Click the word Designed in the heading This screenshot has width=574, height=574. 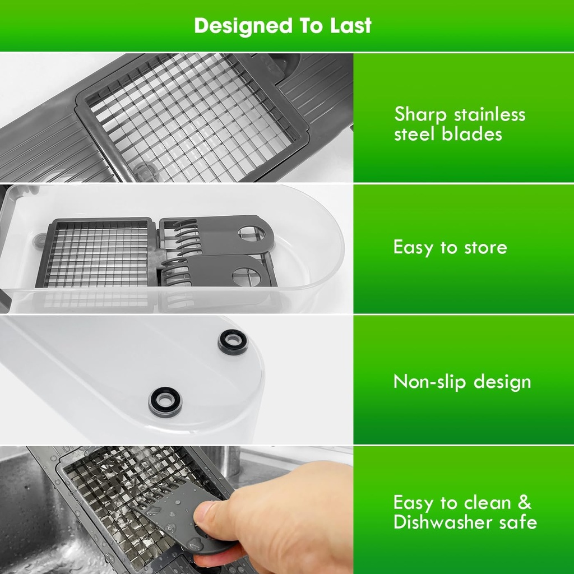pyautogui.click(x=243, y=26)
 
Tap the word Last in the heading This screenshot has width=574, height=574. pyautogui.click(x=351, y=26)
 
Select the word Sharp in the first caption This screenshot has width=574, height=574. pyautogui.click(x=420, y=114)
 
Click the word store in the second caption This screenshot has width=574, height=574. pyautogui.click(x=486, y=248)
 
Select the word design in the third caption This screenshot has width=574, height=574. pyautogui.click(x=502, y=382)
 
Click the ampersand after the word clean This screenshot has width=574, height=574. pyautogui.click(x=524, y=502)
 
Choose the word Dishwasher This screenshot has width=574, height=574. pyautogui.click(x=443, y=522)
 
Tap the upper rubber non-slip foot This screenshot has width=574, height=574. pyautogui.click(x=233, y=342)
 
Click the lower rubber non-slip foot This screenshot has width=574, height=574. pyautogui.click(x=165, y=401)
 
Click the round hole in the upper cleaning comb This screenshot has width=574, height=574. pyautogui.click(x=253, y=234)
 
